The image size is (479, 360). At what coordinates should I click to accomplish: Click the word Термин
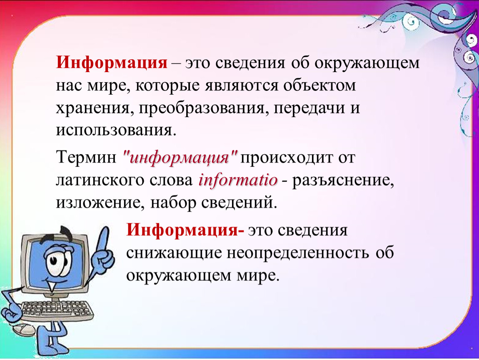coord(86,158)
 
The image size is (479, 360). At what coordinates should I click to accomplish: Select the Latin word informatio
coord(238,180)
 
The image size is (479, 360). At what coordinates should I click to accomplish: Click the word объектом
coord(319,85)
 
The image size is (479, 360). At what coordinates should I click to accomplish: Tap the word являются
coord(242,86)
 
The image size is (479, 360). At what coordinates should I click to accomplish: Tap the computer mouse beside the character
coord(24,330)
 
